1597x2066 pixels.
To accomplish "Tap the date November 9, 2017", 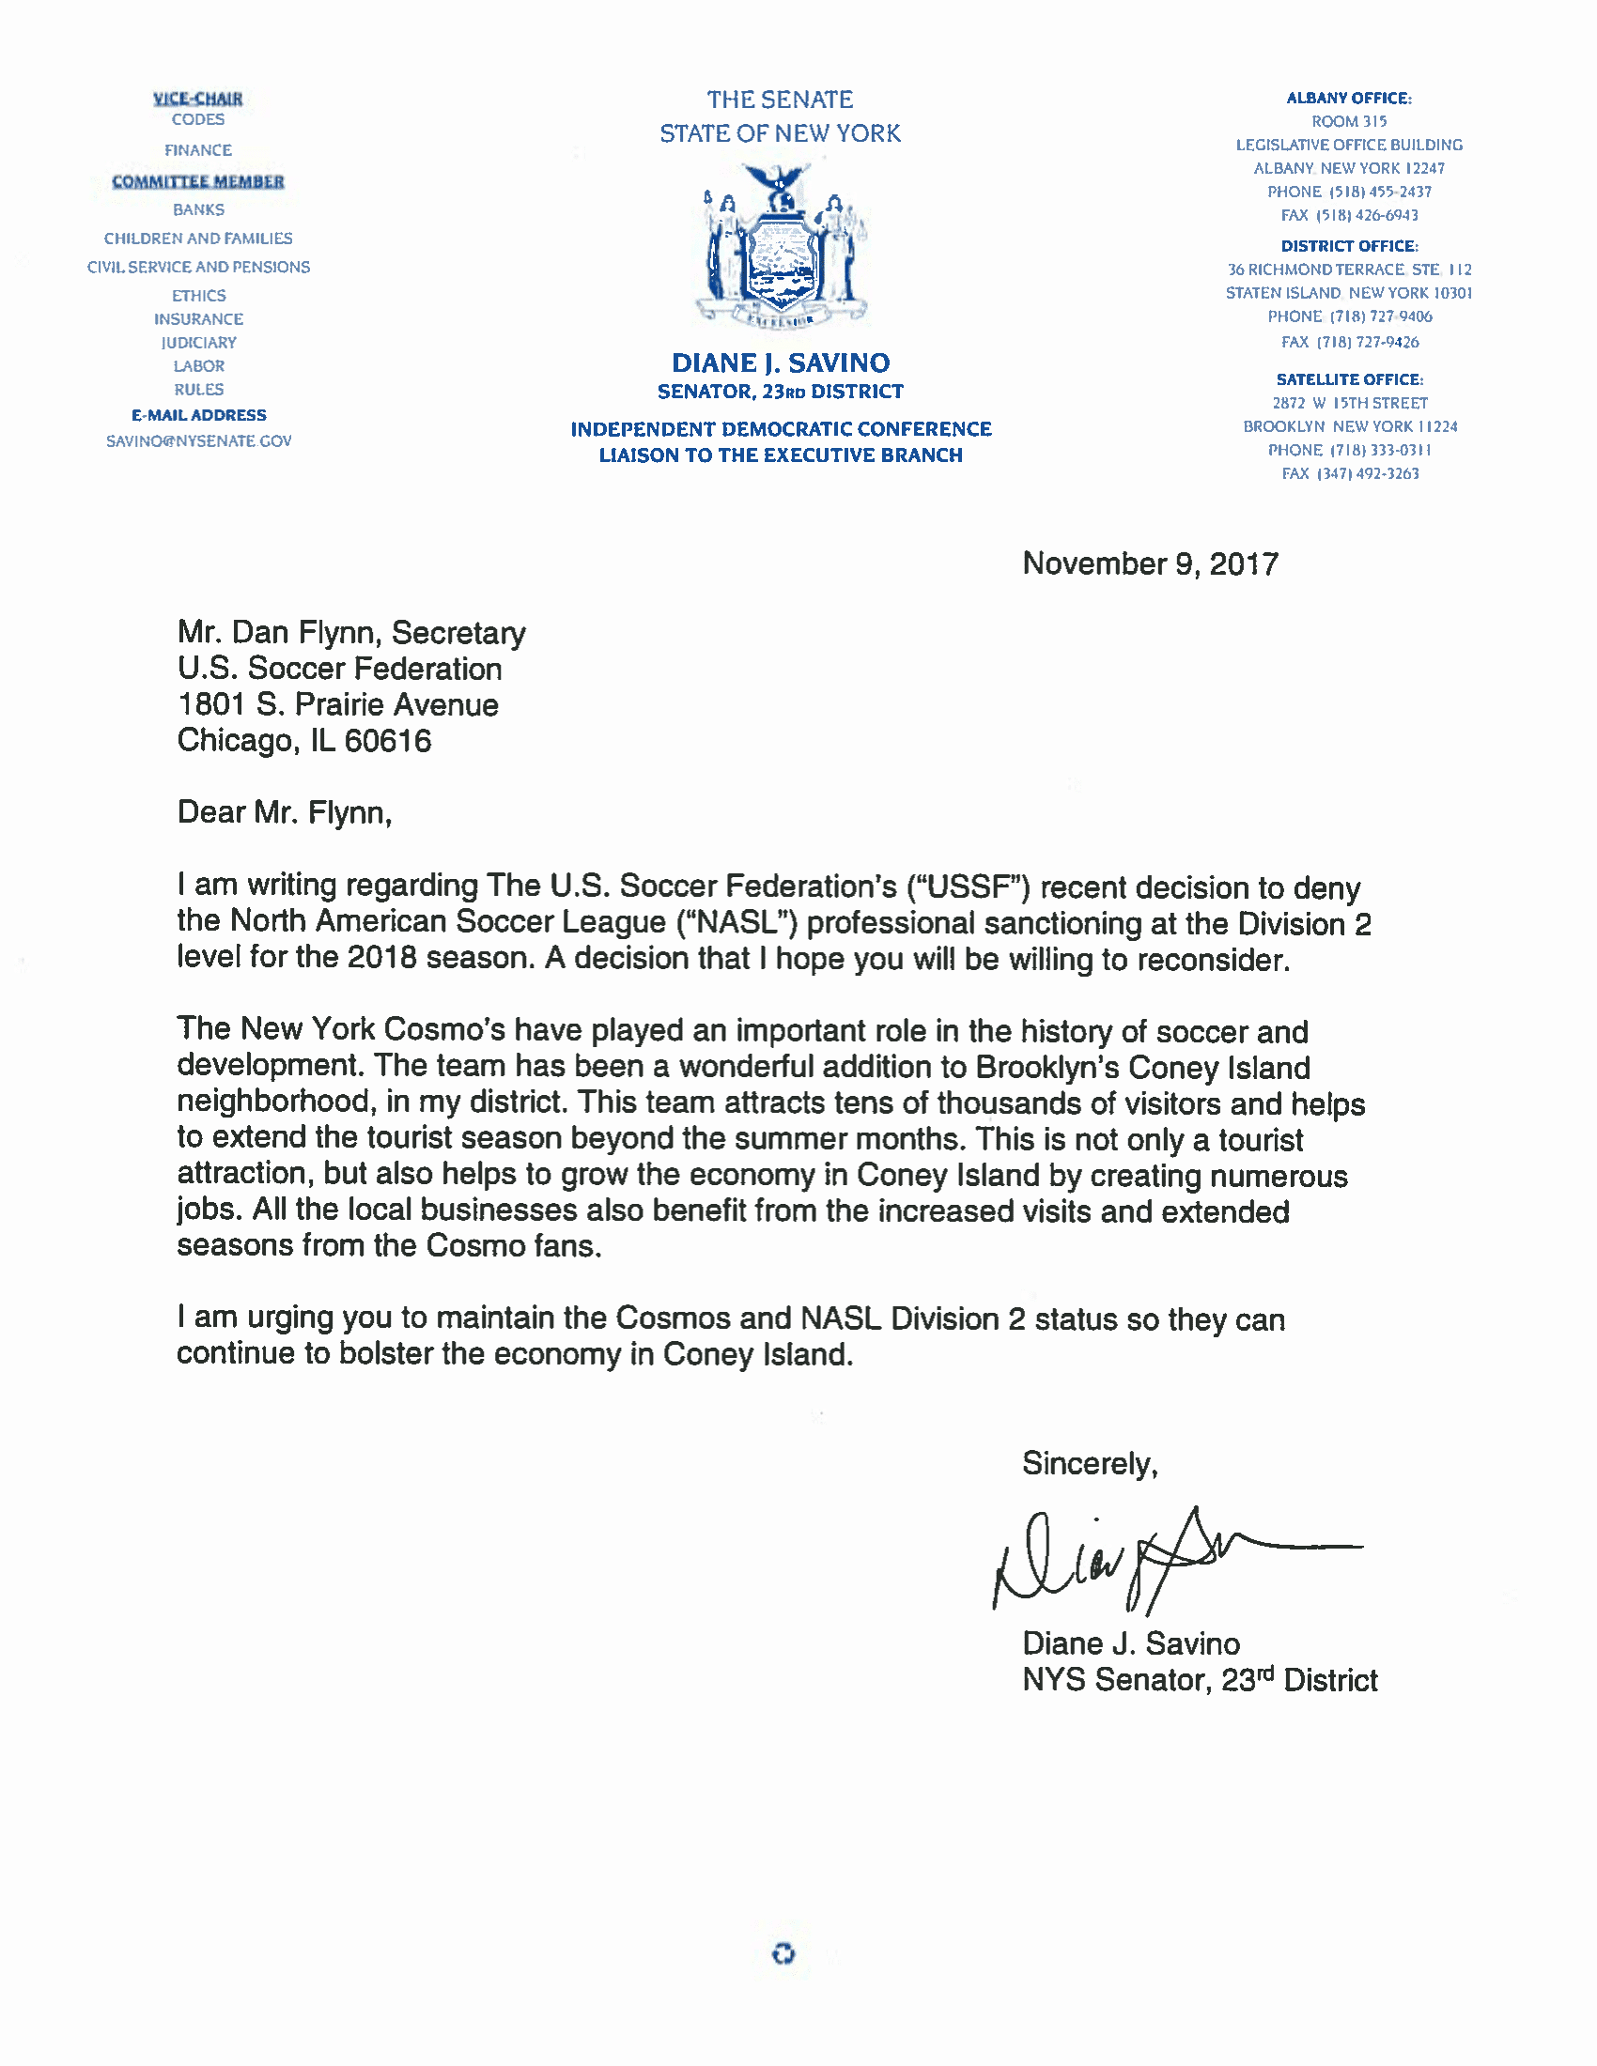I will (1150, 563).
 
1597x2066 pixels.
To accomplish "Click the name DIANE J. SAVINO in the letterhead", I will (781, 363).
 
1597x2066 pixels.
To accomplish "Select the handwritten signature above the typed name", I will (1173, 1559).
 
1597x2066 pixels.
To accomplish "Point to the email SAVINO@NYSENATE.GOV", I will (198, 440).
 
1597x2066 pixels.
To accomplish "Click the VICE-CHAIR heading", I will (197, 99).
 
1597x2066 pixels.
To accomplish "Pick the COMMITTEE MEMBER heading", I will (197, 181).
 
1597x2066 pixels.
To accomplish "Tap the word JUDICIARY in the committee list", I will (198, 343).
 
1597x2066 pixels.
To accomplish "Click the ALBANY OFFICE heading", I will (1348, 99).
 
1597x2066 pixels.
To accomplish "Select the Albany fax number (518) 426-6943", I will (1349, 215).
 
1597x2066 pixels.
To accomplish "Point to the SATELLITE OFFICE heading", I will (1349, 379).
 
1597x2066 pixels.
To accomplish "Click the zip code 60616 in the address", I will (388, 741).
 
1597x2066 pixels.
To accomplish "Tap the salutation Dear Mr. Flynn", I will (284, 812).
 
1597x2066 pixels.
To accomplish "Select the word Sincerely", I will (1089, 1463).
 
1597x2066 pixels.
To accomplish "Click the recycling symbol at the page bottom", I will (783, 1953).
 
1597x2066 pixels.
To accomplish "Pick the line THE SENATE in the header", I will (780, 100).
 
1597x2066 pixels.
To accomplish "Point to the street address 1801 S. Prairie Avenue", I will (338, 704).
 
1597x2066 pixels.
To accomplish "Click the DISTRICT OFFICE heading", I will (1349, 246).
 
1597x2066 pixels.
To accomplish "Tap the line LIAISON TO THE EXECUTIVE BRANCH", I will (781, 455).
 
